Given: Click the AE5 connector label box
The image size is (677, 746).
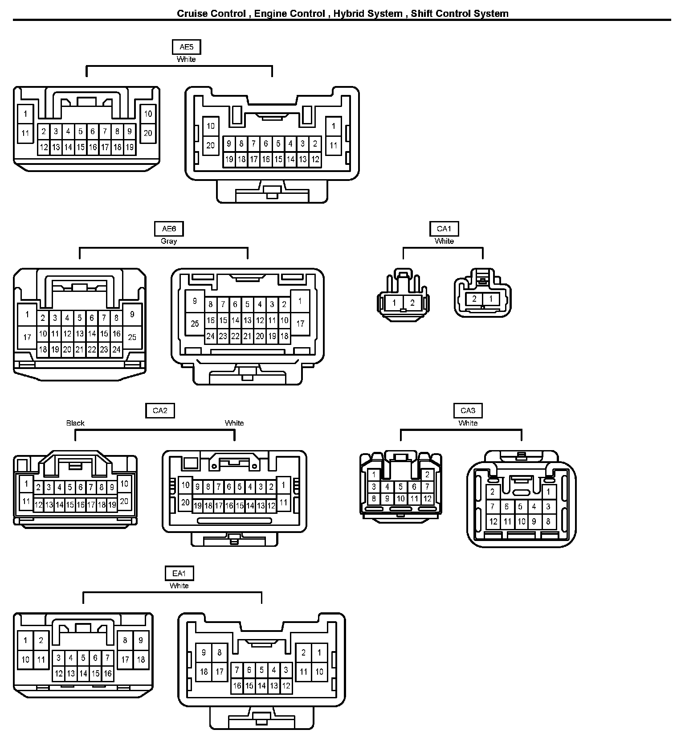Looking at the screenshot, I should coord(186,47).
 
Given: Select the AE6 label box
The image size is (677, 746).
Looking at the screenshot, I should coord(169,229).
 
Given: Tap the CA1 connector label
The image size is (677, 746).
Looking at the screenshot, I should coord(444,229).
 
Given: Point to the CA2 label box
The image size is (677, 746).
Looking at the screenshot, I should coord(160,410).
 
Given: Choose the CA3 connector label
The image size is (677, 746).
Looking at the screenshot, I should coord(468,410).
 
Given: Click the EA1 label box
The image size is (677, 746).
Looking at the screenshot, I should coord(179,574).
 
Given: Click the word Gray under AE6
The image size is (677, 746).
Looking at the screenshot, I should coord(169,241).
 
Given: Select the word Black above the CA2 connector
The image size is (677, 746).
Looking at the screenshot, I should coord(75,423).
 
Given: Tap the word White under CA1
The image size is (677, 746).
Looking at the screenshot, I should coord(444,241).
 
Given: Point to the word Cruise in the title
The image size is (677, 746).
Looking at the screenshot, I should coord(193,13).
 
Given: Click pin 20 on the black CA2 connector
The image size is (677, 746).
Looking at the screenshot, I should coord(124,501).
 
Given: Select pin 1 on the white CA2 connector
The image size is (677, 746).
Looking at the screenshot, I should coord(283,485).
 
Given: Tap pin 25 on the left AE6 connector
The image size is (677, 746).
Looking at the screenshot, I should coord(132,337).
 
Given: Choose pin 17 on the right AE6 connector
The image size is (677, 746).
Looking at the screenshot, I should coord(300,324).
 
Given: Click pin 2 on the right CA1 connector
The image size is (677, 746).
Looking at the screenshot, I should coord(474,299).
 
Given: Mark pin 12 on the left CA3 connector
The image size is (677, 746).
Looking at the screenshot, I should coord(427,499).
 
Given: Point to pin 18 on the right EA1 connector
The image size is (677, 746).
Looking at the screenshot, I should coord(204,672).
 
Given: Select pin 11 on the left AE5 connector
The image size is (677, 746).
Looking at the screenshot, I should coord(25,133).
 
